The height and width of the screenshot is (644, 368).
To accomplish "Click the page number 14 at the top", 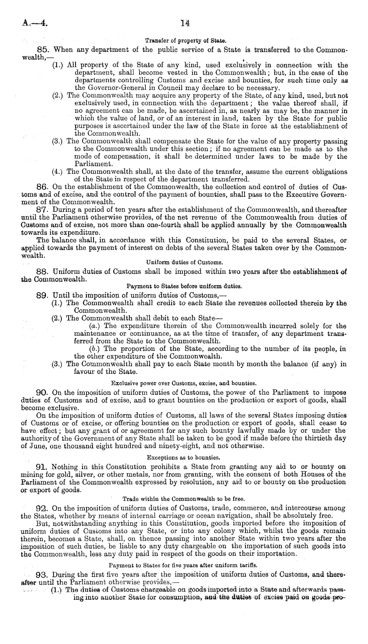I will (185, 23).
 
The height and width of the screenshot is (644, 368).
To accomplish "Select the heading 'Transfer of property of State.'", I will (185, 41).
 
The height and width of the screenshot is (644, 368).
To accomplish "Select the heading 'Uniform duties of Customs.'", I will (185, 263).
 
